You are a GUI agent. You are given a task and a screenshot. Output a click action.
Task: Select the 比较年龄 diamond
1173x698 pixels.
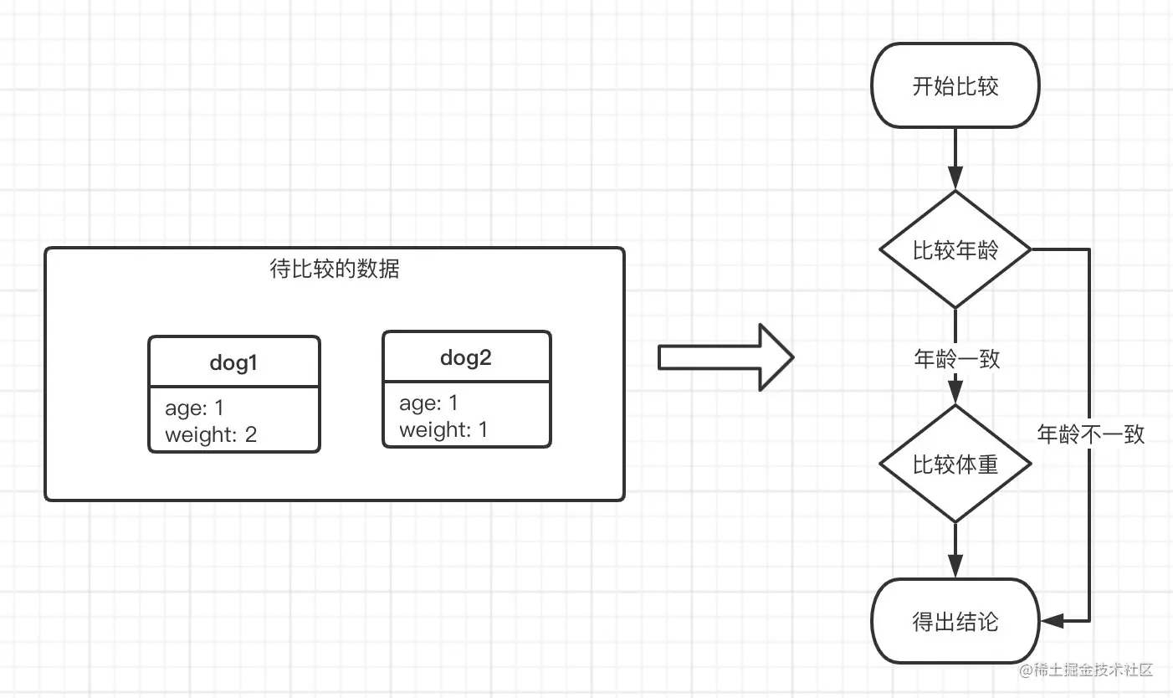(x=955, y=249)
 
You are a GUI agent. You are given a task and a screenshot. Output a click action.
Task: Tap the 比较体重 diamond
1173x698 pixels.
(x=955, y=464)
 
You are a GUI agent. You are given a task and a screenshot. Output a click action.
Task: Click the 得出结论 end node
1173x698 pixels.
(x=955, y=622)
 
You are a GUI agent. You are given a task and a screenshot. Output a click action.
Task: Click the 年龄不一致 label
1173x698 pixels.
(x=1090, y=434)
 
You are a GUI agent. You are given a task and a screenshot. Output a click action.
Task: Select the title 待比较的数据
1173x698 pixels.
(x=335, y=269)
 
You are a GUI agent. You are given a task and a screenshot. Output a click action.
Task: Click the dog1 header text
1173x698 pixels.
(x=233, y=362)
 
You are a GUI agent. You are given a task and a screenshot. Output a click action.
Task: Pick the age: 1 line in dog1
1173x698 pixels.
(x=195, y=408)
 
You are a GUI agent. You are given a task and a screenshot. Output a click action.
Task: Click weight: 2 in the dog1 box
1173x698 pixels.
(x=211, y=434)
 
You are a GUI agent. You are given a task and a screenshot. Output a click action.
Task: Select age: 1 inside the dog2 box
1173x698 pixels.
(x=428, y=403)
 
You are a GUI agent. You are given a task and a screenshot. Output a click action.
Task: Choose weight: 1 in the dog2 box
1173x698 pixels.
(x=443, y=430)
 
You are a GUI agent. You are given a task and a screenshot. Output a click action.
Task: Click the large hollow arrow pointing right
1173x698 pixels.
(x=725, y=358)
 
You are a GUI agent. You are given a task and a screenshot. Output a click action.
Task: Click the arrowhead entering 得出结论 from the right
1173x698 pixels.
(x=1052, y=621)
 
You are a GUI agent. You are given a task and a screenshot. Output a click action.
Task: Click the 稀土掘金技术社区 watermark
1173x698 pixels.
(x=1086, y=670)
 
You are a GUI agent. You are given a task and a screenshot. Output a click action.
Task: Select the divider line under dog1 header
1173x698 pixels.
(x=233, y=387)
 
